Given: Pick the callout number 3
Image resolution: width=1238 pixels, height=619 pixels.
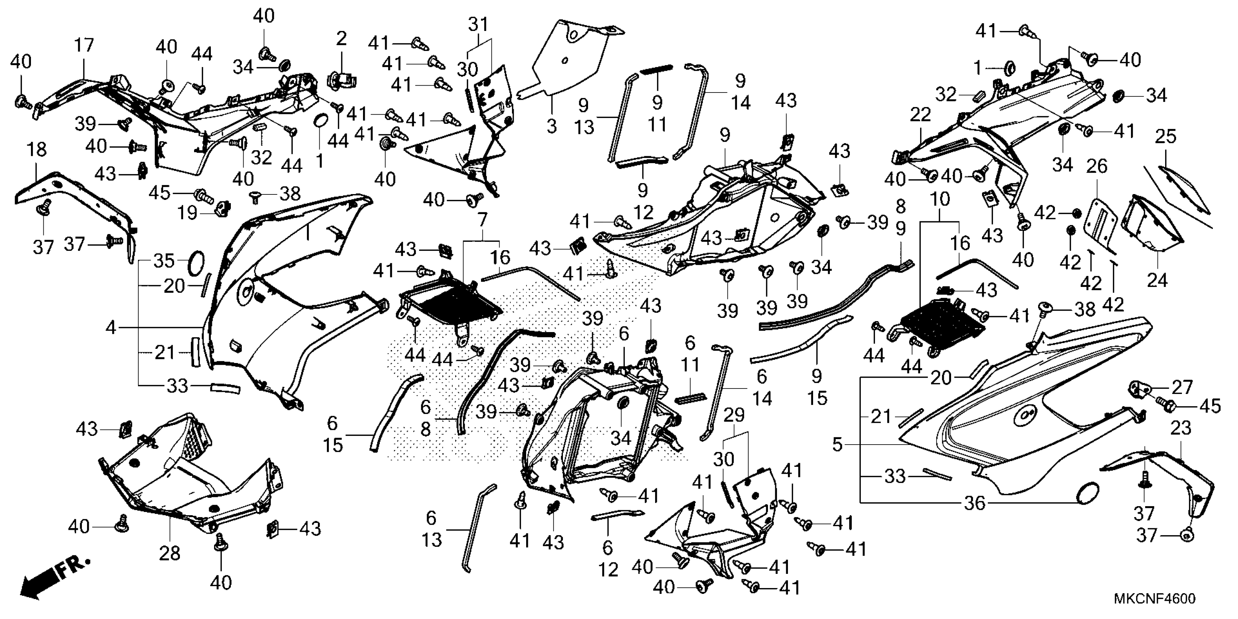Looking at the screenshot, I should (551, 126).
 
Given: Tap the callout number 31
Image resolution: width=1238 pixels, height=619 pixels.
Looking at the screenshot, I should (478, 24).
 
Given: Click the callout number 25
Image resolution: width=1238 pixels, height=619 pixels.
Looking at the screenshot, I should (1166, 137).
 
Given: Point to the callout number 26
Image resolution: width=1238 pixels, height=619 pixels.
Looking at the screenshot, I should (1097, 166).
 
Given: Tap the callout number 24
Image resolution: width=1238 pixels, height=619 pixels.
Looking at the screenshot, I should (1157, 279).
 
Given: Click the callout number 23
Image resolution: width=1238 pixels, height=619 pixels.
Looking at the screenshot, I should (1181, 428).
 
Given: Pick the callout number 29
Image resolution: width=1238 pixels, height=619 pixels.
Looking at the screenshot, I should (734, 414).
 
